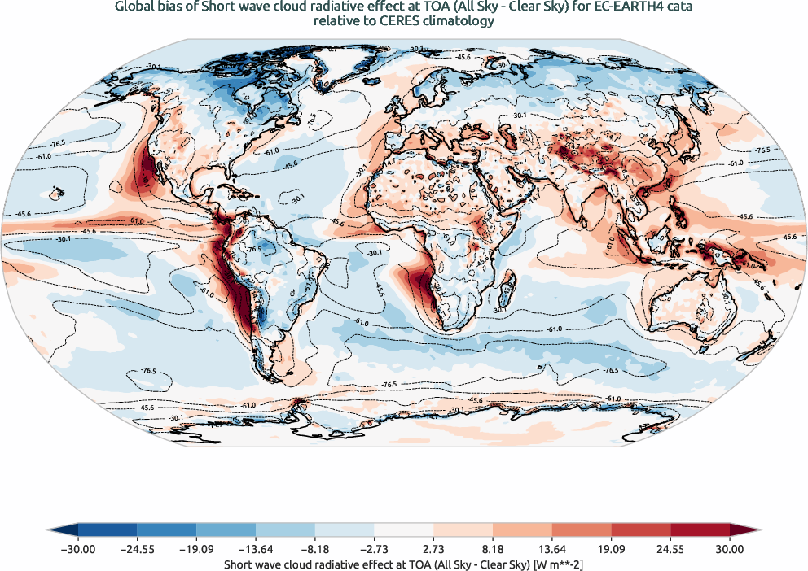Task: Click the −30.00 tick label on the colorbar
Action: pos(77,549)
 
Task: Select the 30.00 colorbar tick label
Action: pos(730,549)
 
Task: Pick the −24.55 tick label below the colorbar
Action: pos(137,549)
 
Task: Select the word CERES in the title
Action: pos(390,21)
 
